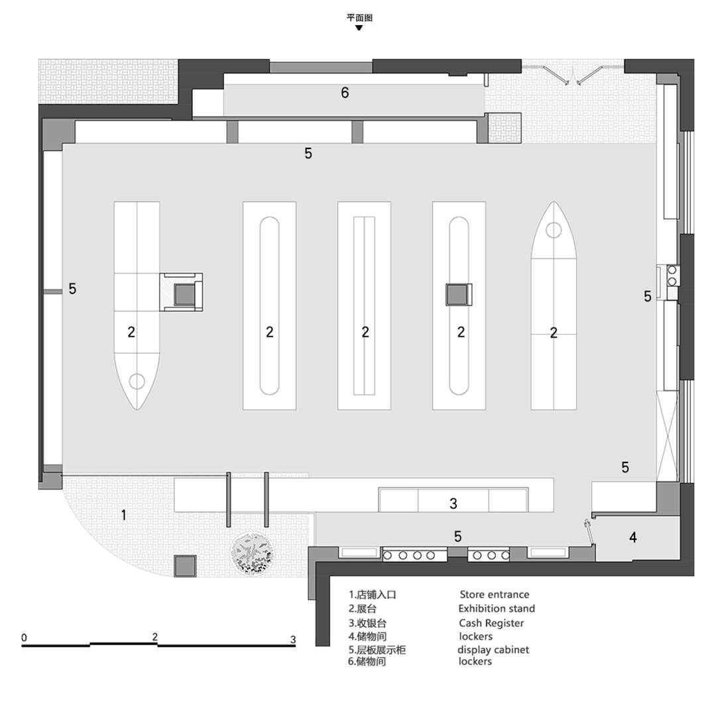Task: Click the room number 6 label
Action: [x=344, y=93]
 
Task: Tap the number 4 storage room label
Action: [x=632, y=537]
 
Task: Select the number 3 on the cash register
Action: [x=453, y=503]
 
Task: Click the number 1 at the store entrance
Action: [x=123, y=515]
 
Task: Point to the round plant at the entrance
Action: [x=252, y=553]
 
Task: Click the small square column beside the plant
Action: [x=185, y=566]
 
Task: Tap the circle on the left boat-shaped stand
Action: [x=137, y=382]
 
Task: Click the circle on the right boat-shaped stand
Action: [x=554, y=230]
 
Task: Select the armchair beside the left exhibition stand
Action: [x=181, y=292]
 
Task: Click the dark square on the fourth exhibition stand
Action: [x=459, y=295]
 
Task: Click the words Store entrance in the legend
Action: [x=494, y=594]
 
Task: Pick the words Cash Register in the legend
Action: [x=491, y=623]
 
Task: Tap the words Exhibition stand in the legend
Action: [x=497, y=609]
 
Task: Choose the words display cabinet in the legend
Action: [x=493, y=650]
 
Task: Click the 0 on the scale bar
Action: [x=24, y=638]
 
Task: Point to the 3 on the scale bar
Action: [x=293, y=639]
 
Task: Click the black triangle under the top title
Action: [x=359, y=28]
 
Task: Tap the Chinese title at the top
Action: [x=359, y=17]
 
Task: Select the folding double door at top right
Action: [x=573, y=76]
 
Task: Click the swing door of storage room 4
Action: [x=589, y=532]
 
